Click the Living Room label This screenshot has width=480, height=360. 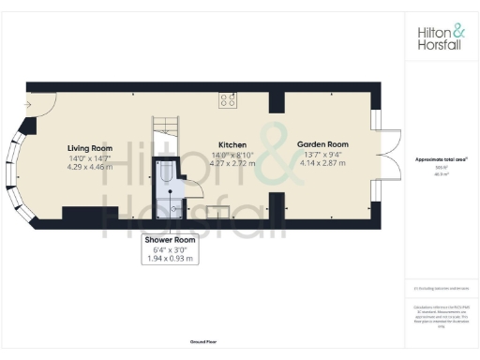pos(90,148)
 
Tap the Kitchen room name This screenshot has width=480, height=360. pos(232,144)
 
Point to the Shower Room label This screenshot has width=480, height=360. pos(170,240)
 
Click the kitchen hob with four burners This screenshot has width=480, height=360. pos(228,99)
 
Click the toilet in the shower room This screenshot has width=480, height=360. pos(164,172)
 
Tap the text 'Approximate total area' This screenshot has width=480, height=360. pos(441,159)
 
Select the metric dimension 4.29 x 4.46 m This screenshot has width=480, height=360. pos(90,167)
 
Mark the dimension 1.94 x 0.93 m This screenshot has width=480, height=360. pos(170,258)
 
